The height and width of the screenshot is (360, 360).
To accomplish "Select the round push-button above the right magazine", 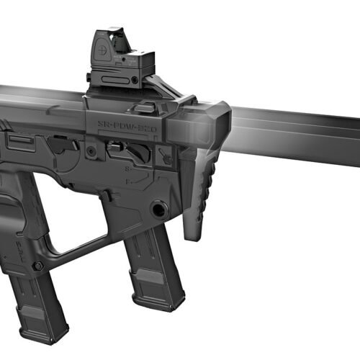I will coord(159,210).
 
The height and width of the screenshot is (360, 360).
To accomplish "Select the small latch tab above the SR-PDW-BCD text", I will coord(145,107).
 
